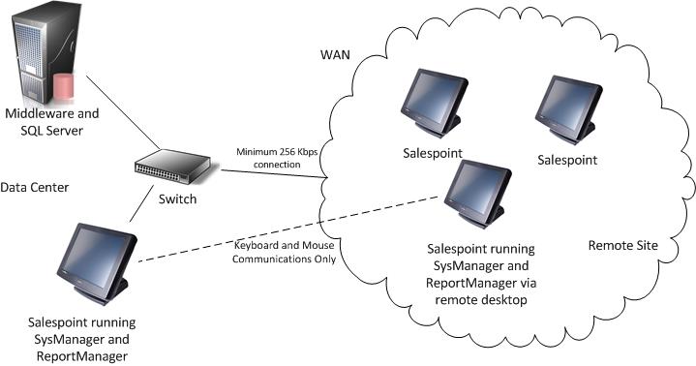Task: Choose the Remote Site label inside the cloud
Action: [623, 246]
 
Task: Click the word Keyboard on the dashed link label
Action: [256, 246]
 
